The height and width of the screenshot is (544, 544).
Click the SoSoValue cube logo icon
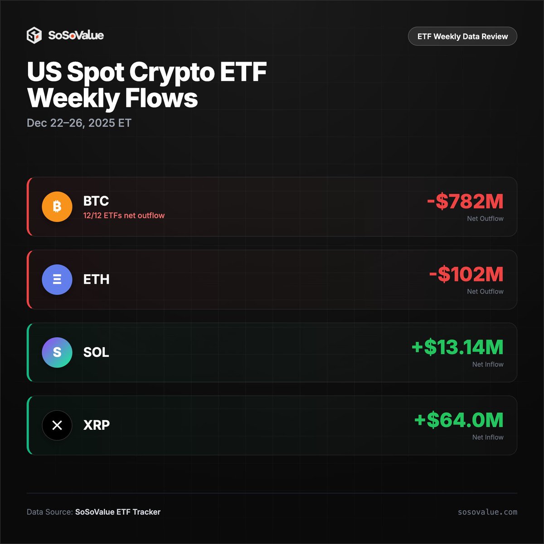point(34,35)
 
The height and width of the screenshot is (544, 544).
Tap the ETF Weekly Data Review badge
point(462,36)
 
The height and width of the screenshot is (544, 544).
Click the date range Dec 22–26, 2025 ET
point(79,123)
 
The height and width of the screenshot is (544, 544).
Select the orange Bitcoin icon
point(57,207)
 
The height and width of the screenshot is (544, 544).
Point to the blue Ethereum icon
point(57,280)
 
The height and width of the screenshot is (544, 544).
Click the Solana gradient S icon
point(57,352)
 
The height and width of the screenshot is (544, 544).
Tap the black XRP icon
point(57,425)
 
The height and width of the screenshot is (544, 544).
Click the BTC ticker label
point(96,201)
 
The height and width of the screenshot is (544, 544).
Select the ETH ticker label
point(96,279)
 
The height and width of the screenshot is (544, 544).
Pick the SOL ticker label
point(96,352)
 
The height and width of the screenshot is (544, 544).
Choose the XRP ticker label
point(97,425)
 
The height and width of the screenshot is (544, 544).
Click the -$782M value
point(465,202)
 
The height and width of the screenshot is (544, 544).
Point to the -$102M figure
point(466,275)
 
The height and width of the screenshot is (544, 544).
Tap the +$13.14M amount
point(457,347)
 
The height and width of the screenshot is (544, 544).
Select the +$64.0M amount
point(459,420)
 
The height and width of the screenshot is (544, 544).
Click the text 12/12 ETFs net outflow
point(124,216)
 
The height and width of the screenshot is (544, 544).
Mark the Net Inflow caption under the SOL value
point(488,364)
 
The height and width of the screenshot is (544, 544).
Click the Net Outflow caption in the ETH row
point(485,291)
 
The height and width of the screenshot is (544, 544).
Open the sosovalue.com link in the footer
point(487,512)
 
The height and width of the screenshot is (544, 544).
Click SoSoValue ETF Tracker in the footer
point(118,512)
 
